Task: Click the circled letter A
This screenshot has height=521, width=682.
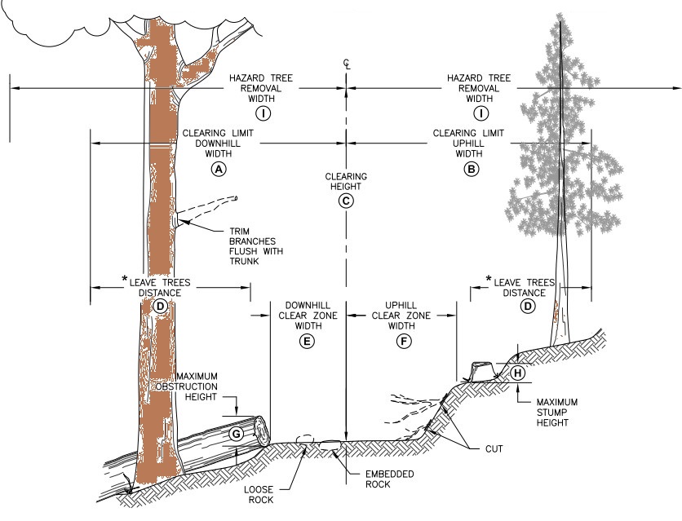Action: pyautogui.click(x=217, y=169)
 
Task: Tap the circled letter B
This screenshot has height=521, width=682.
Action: pyautogui.click(x=470, y=169)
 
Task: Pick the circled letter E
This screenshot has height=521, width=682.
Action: pyautogui.click(x=306, y=342)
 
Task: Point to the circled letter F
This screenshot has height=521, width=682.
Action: pyautogui.click(x=403, y=342)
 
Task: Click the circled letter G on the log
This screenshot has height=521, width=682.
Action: pyautogui.click(x=235, y=435)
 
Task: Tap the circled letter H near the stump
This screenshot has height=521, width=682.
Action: pyautogui.click(x=518, y=373)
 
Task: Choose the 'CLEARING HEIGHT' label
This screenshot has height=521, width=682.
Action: pyautogui.click(x=346, y=181)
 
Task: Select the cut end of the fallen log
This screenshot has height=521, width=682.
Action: pyautogui.click(x=261, y=430)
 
